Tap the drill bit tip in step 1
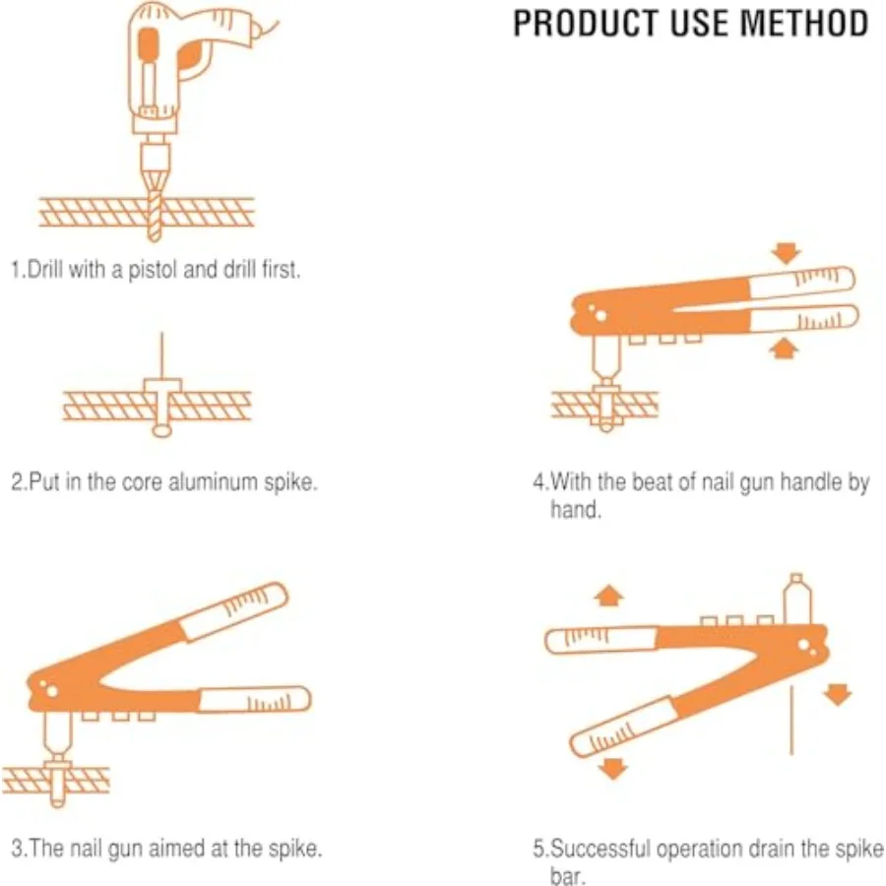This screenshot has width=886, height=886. coord(155,233)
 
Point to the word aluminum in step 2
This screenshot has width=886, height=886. coord(213,483)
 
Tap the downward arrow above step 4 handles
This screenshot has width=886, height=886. coord(784,252)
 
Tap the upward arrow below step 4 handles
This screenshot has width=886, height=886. coord(784,346)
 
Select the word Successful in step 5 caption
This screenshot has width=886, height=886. coord(596,849)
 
